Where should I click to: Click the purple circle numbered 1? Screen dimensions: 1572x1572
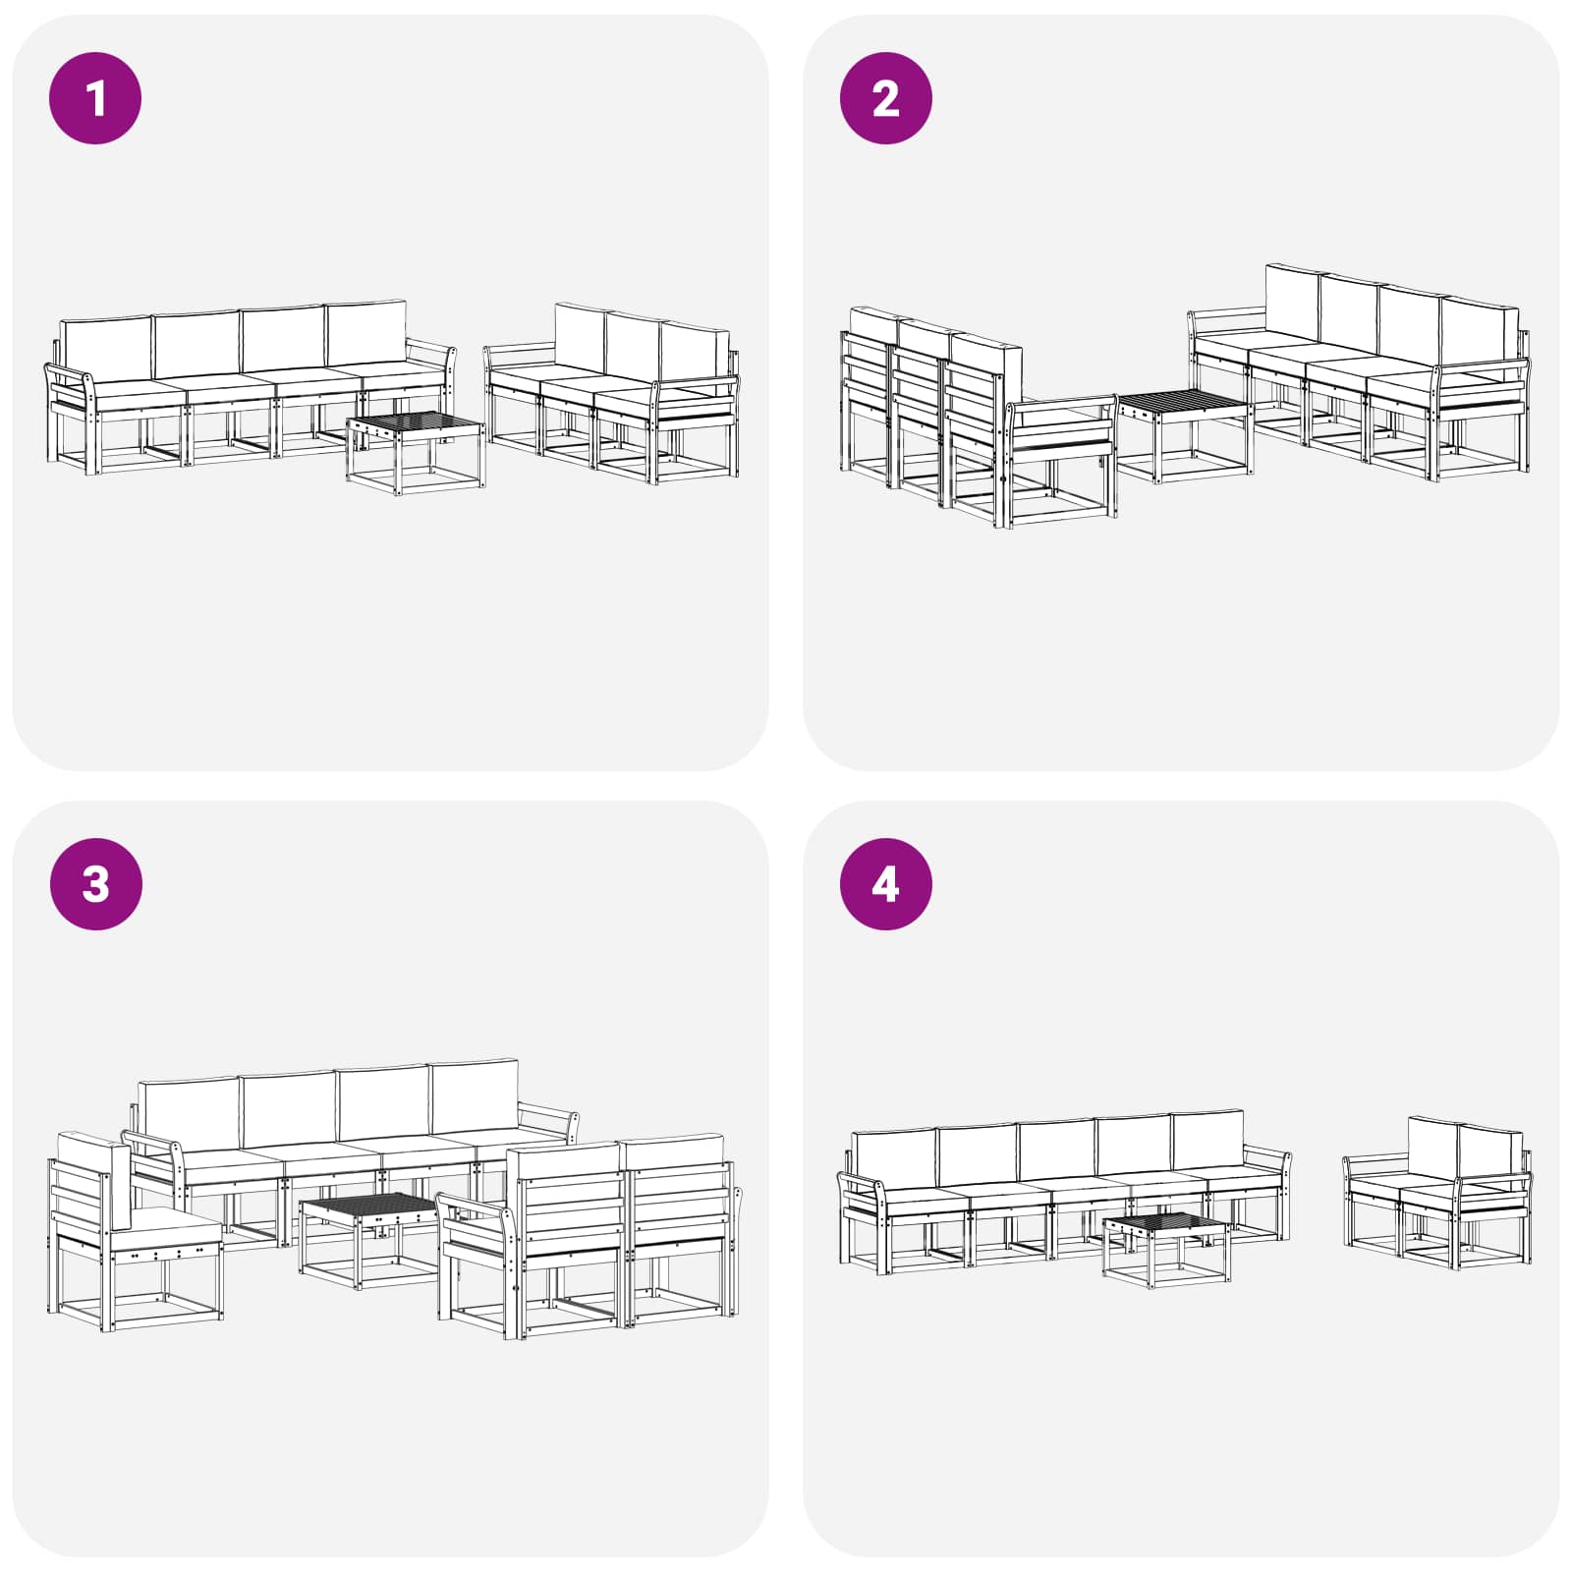[95, 98]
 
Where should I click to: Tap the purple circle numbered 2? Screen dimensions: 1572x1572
[885, 98]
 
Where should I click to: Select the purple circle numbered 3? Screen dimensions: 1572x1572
[95, 883]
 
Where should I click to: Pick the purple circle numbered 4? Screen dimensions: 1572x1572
[885, 883]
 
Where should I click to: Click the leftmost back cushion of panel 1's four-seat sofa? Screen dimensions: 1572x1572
[104, 350]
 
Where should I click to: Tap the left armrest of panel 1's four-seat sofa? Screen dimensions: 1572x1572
[69, 388]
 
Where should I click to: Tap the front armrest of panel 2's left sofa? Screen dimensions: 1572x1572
[1061, 414]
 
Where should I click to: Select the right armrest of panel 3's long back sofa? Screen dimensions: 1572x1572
[548, 1120]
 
